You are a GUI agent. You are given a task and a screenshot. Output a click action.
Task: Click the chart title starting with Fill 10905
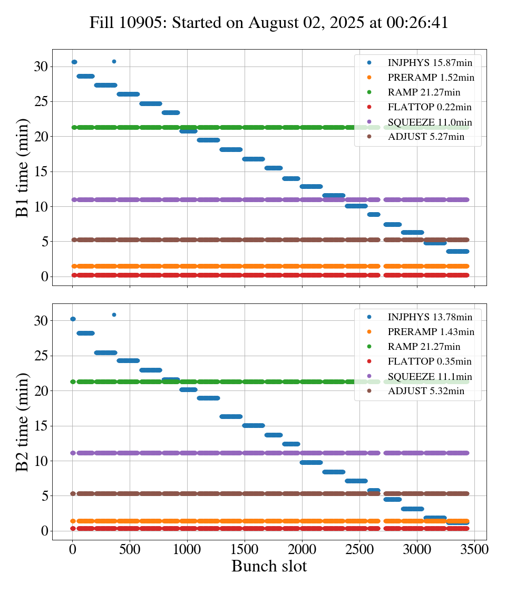[269, 23]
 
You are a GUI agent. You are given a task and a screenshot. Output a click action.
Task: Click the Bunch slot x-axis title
[269, 566]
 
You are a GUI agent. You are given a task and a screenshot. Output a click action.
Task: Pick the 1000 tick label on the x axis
[187, 549]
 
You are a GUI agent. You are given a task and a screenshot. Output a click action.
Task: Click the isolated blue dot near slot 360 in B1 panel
[114, 61]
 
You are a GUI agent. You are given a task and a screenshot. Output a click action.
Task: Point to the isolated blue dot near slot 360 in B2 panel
[114, 314]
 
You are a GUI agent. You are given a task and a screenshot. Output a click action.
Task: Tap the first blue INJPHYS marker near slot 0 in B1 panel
[74, 62]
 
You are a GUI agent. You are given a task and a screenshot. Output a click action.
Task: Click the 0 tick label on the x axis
[73, 549]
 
